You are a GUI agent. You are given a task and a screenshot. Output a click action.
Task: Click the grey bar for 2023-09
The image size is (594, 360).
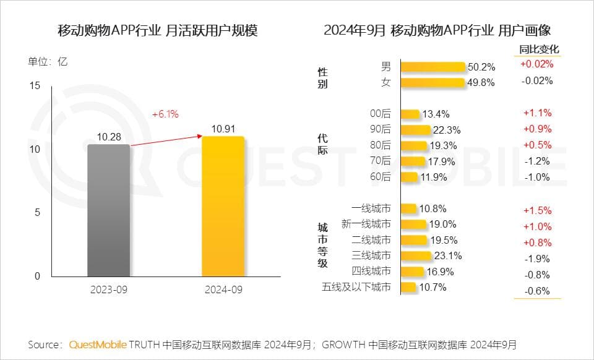(109, 210)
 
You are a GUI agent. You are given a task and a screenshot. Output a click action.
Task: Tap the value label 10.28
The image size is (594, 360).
(108, 136)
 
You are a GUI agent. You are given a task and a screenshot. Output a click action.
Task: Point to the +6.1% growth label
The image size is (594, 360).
(165, 114)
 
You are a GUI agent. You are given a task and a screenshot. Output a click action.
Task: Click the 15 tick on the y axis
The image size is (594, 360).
(35, 85)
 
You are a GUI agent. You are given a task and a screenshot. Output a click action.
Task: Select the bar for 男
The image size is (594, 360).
(433, 67)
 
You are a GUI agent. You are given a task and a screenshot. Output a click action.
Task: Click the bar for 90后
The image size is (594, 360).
(415, 130)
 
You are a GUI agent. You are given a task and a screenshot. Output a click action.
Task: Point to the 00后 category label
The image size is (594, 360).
(381, 113)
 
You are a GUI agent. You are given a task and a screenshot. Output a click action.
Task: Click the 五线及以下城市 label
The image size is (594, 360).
(356, 287)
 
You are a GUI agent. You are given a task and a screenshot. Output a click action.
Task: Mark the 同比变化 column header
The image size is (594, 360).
(537, 49)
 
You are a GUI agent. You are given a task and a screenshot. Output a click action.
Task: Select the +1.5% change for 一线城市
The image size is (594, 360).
(537, 210)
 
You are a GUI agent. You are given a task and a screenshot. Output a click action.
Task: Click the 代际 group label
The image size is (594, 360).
(322, 144)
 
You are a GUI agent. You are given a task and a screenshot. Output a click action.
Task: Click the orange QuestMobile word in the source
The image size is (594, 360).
(98, 345)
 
